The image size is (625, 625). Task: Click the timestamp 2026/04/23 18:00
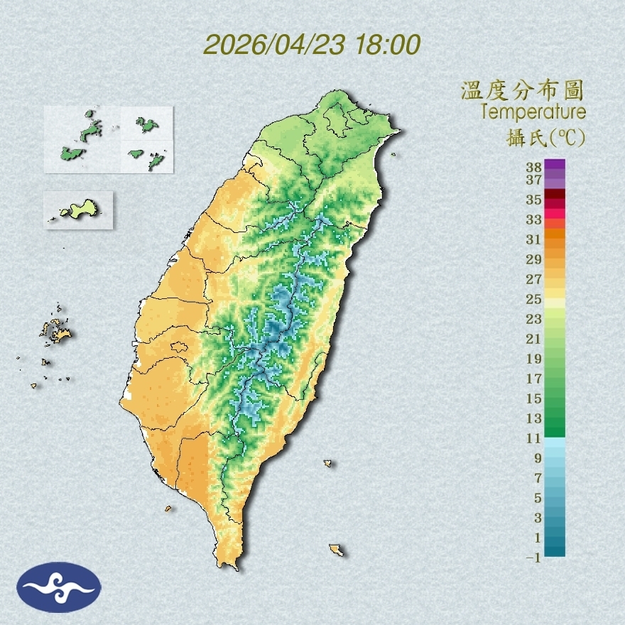[312, 45]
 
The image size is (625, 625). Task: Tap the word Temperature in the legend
[533, 112]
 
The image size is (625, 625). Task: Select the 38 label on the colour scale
[533, 168]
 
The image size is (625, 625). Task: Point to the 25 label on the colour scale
[533, 298]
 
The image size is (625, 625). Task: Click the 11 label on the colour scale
[533, 438]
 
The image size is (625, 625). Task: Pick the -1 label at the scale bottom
[532, 558]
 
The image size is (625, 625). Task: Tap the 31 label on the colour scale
[533, 239]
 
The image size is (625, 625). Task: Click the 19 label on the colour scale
[533, 359]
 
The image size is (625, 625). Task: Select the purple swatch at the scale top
[555, 165]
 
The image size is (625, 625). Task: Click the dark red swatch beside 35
[555, 195]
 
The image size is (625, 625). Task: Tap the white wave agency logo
[60, 587]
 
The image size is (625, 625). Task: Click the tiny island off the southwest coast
[168, 508]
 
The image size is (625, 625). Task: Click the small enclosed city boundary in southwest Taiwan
[179, 347]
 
